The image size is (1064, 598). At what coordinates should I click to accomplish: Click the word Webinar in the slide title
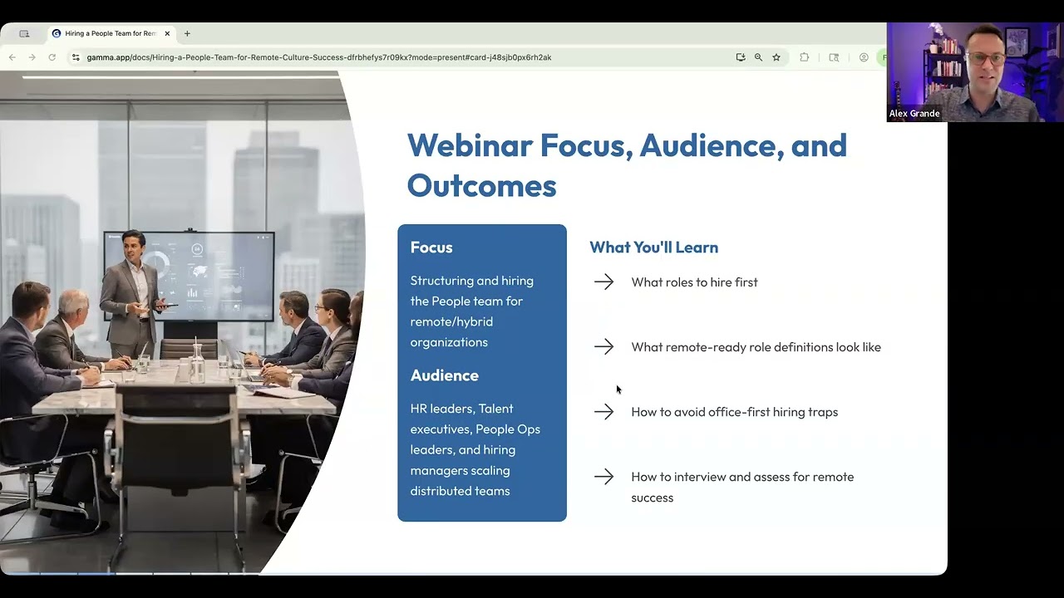point(469,146)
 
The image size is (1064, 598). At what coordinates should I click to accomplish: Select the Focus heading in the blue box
point(431,248)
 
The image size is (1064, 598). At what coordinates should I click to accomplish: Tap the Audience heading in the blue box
point(444,375)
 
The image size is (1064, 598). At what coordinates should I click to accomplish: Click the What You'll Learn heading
point(653,248)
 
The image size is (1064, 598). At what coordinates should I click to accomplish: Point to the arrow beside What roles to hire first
point(603,282)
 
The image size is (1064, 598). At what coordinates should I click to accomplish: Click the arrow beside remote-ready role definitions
point(603,347)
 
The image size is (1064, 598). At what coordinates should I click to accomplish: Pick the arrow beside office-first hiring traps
point(603,412)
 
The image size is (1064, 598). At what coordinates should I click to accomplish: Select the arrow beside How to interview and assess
point(603,477)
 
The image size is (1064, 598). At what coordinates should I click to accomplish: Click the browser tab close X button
point(167,34)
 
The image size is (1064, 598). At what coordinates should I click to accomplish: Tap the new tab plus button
point(187,34)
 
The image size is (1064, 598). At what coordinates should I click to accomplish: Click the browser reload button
point(52,57)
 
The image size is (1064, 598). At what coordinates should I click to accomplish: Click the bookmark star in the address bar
point(776,57)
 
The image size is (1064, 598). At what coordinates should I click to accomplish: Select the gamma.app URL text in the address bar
point(318,57)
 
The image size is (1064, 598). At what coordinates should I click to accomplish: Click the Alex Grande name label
point(914,114)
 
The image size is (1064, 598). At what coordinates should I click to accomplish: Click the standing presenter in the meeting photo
point(131,287)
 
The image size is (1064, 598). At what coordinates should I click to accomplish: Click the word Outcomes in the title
point(481,186)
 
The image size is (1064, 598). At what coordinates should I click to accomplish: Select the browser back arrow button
point(12,57)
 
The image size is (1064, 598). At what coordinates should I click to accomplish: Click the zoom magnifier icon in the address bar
point(758,57)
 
